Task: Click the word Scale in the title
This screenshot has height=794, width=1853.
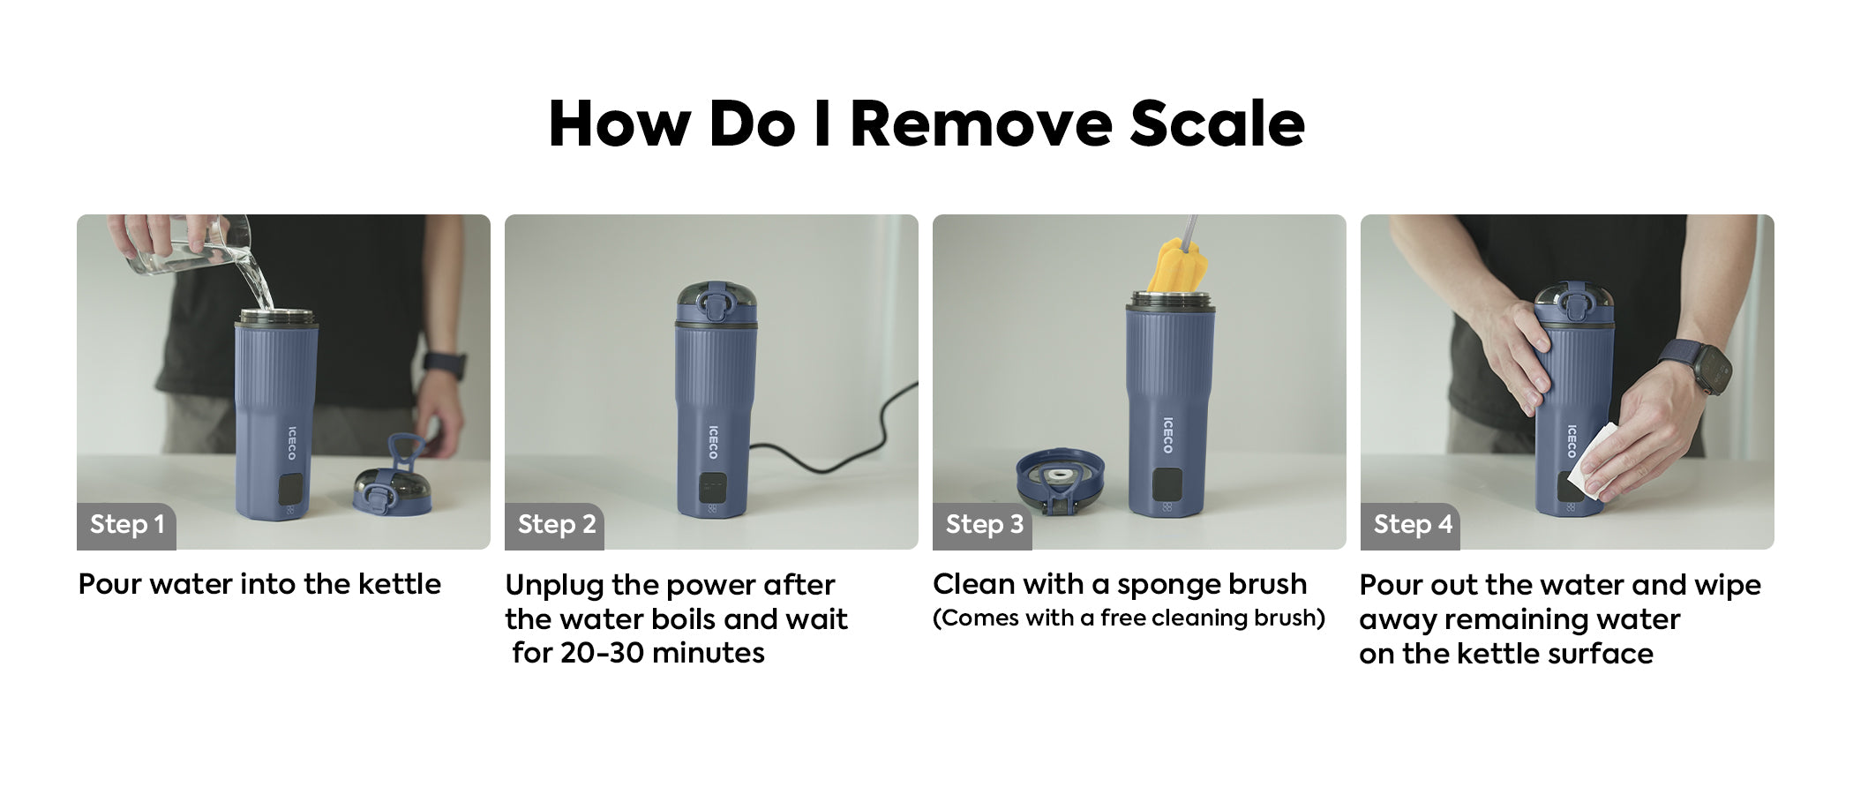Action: coord(1217,124)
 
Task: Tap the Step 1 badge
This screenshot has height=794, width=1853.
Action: coord(126,526)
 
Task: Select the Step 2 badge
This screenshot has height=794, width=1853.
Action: coord(555,526)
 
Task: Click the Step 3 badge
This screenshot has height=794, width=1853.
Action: coord(983,526)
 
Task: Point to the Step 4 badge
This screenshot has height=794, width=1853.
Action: coord(1411,526)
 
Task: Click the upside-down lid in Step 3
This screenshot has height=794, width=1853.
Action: coord(1060,481)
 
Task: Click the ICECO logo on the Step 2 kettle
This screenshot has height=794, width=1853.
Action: coord(714,442)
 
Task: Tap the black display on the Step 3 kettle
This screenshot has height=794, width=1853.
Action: coord(1167,482)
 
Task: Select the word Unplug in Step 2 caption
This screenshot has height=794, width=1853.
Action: coord(554,586)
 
